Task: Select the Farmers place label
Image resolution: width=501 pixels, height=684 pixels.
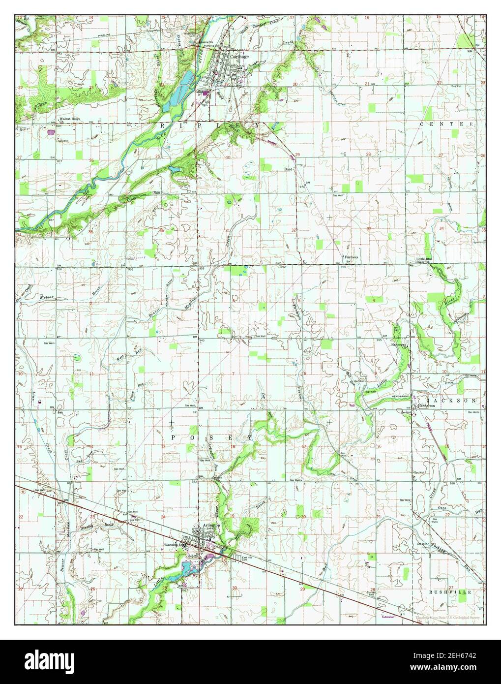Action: pyautogui.click(x=351, y=257)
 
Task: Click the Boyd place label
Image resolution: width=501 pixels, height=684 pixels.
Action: pyautogui.click(x=289, y=169)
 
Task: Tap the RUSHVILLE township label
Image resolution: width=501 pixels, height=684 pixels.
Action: pyautogui.click(x=450, y=592)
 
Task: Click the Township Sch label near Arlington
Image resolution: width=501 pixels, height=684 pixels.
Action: pyautogui.click(x=176, y=545)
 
